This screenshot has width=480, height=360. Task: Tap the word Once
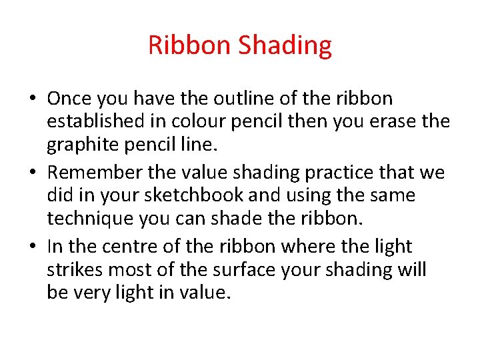(69, 99)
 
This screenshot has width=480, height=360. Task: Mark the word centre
(127, 247)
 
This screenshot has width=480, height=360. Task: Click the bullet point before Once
(31, 99)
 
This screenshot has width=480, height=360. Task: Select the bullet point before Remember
(31, 173)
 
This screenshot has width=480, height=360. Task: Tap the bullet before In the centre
(31, 247)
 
